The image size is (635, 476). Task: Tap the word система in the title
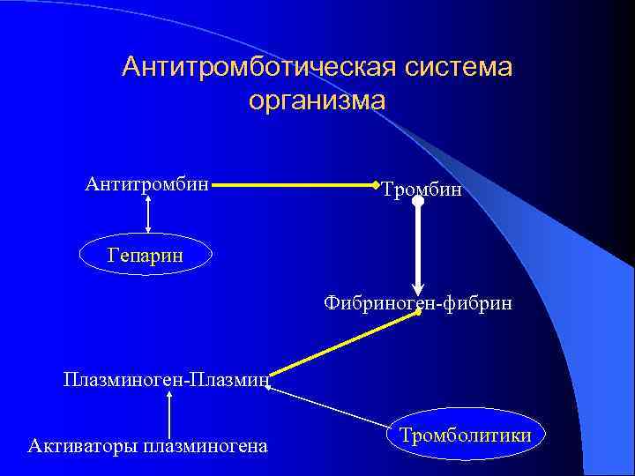459,68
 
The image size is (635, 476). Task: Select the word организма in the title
317,101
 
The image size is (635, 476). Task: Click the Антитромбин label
147,184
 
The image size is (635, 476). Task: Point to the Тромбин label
422,190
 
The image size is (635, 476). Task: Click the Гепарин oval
146,255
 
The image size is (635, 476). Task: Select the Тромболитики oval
465,435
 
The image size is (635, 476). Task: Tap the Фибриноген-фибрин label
417,303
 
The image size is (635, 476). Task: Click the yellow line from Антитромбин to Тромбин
294,186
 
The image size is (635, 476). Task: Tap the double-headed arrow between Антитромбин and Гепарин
147,214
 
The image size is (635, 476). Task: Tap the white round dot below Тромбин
418,201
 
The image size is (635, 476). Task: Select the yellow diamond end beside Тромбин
377,186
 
